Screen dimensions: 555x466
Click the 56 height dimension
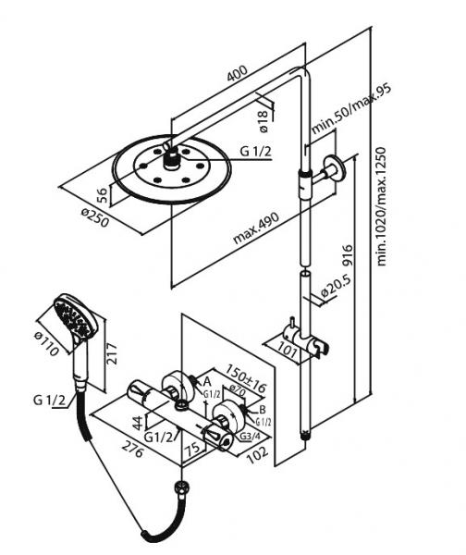pyautogui.click(x=103, y=194)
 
